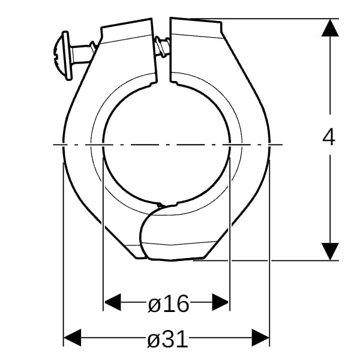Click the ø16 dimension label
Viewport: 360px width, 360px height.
click(169, 303)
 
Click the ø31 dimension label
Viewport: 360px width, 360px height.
click(167, 338)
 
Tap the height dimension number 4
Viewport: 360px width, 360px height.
click(329, 137)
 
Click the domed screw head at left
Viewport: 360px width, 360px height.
click(59, 56)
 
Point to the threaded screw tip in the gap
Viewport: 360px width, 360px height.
click(162, 46)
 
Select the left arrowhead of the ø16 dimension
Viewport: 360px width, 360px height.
click(112, 302)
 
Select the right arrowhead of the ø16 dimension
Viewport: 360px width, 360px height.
click(220, 302)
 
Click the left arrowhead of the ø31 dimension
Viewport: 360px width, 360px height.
click(73, 337)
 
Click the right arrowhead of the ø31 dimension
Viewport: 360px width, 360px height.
click(260, 337)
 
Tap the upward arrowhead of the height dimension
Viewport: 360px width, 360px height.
click(330, 28)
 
